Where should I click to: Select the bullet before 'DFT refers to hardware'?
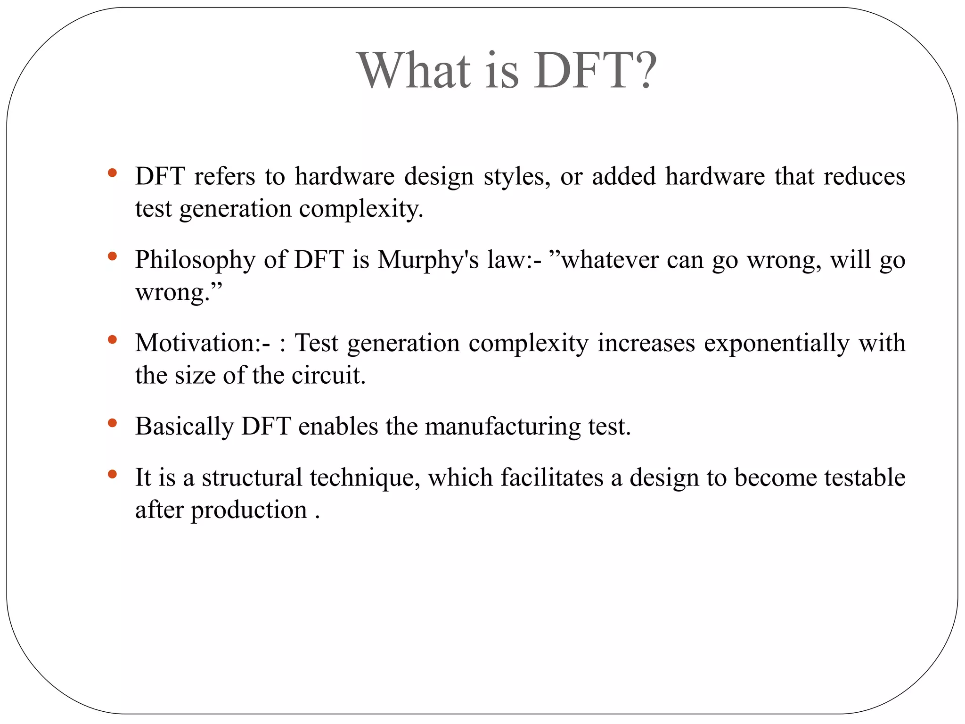[x=112, y=173]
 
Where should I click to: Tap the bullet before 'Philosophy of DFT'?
[x=112, y=256]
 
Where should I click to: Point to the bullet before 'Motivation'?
[x=112, y=339]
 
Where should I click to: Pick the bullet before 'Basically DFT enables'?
[x=112, y=423]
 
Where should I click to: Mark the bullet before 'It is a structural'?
[x=112, y=474]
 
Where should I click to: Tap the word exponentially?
[x=777, y=344]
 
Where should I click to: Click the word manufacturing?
[x=503, y=427]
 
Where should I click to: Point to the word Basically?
[x=184, y=427]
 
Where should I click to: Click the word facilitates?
[x=552, y=477]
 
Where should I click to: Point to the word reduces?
[x=864, y=177]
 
